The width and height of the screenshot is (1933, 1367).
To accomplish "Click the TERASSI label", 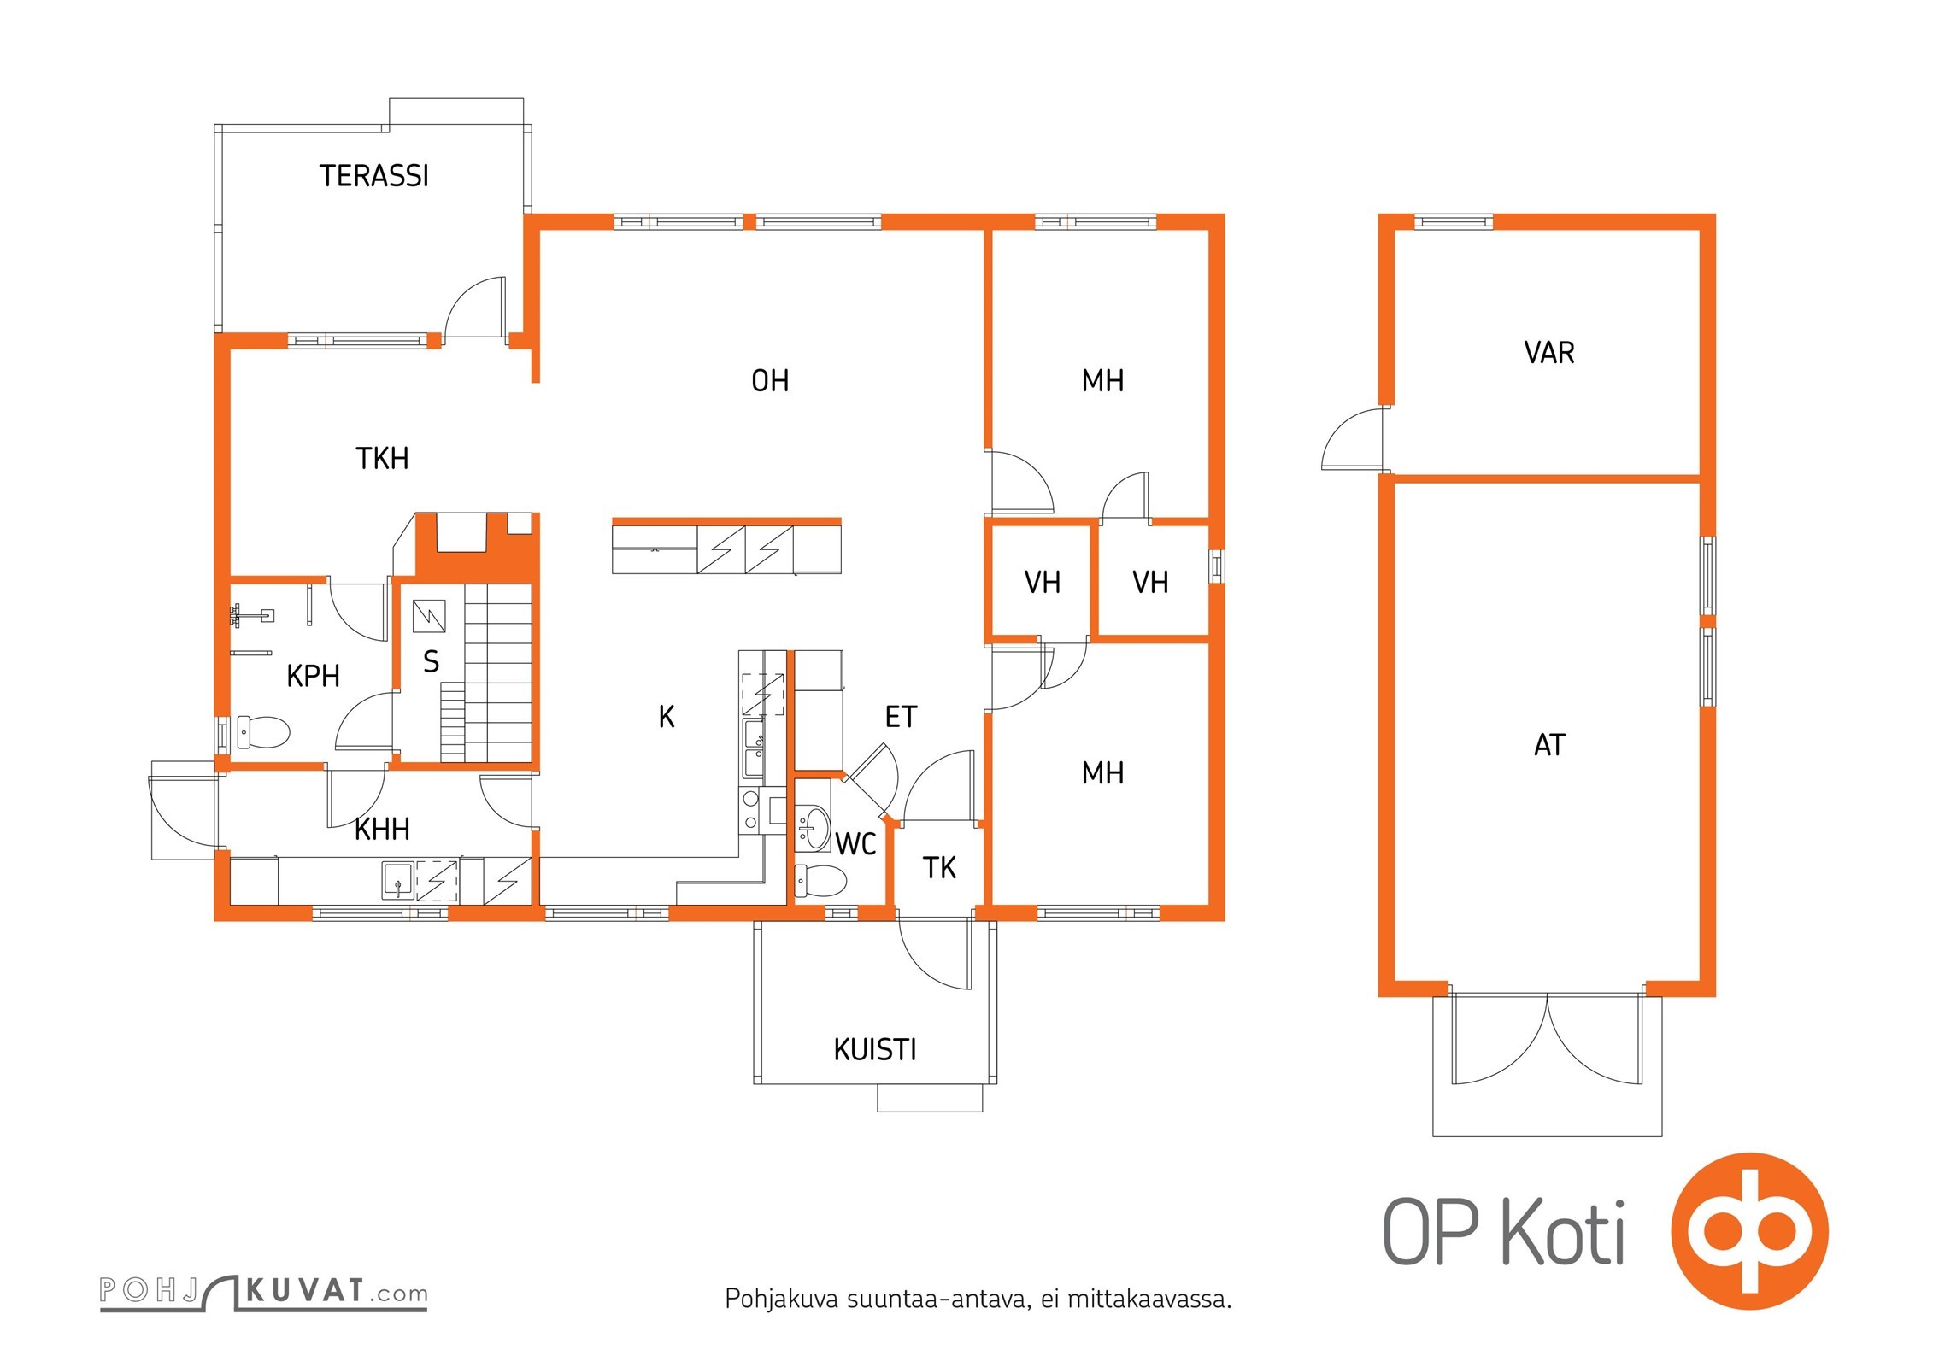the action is [x=374, y=176].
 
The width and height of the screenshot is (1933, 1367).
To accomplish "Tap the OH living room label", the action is [x=770, y=381].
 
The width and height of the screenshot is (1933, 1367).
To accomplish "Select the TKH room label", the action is [x=382, y=459].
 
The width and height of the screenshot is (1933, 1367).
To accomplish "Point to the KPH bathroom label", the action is [x=313, y=677].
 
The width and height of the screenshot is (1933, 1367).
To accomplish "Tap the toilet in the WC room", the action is [x=820, y=880].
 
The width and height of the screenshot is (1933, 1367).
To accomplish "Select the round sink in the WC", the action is [x=813, y=827].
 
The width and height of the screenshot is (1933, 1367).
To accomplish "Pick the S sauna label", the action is [x=432, y=662].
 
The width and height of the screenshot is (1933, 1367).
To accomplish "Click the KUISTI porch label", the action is [x=875, y=1050].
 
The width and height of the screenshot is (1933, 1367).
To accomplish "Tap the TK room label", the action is [x=939, y=868].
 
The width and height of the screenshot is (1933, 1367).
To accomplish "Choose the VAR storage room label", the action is [x=1548, y=353].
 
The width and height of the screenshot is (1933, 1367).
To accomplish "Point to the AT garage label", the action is [x=1549, y=745].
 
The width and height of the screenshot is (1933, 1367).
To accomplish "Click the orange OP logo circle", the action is [x=1749, y=1231].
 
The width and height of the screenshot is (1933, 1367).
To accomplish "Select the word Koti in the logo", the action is [x=1563, y=1232].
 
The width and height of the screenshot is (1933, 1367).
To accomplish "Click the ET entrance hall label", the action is [x=901, y=718].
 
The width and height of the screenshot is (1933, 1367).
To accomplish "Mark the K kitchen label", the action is [x=667, y=717].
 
